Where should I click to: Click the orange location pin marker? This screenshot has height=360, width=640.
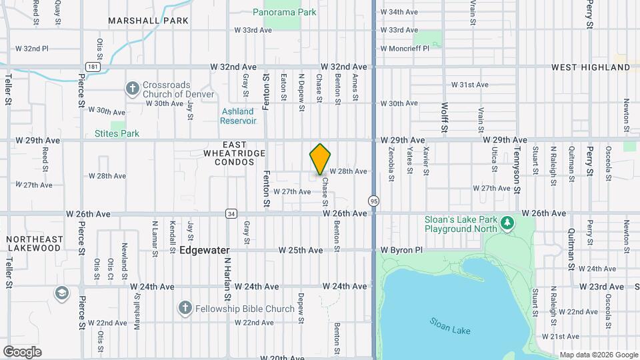coord(321,159)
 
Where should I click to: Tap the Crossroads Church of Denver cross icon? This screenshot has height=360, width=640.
coord(132,88)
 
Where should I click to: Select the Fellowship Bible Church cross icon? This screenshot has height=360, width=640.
coord(185,308)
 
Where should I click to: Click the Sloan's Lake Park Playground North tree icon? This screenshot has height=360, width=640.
coord(507,222)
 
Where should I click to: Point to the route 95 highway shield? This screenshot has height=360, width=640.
coord(373,201)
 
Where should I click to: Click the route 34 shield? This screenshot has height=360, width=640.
coord(231,213)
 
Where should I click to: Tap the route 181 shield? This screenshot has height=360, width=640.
coord(93,67)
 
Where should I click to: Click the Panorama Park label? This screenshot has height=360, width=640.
coord(285,12)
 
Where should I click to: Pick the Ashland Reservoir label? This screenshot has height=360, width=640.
coord(238,116)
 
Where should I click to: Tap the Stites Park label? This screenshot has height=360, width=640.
coord(117,133)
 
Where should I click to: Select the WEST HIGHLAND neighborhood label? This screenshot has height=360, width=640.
coord(591,67)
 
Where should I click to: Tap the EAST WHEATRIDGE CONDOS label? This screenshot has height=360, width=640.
coord(234,149)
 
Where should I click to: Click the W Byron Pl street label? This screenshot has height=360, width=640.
coord(401,250)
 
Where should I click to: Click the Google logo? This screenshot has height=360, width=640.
coord(22,351)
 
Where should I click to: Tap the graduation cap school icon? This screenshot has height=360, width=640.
coord(62,293)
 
